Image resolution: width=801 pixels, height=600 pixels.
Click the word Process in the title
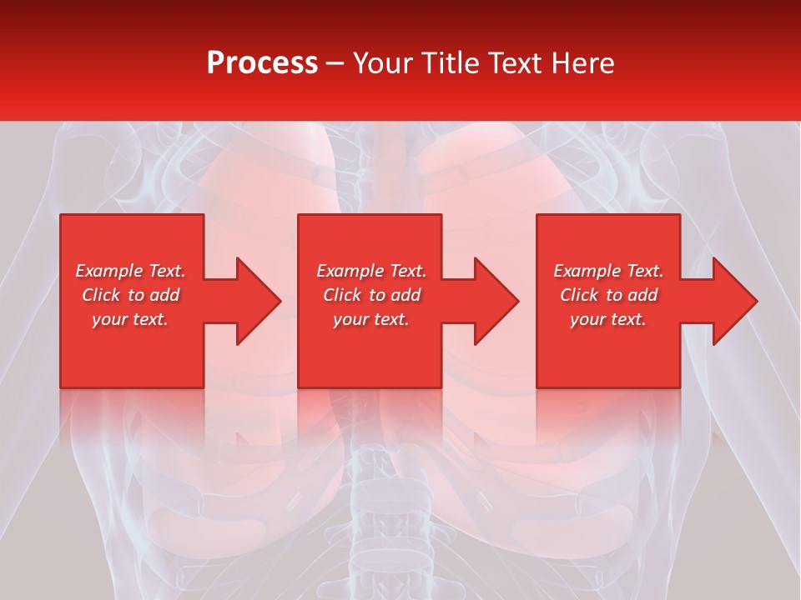262,63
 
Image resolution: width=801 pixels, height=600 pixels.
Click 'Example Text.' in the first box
130,271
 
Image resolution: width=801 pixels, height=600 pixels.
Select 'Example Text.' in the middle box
371,271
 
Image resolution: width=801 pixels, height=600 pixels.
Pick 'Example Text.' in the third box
608,271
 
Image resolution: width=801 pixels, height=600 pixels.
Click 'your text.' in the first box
130,319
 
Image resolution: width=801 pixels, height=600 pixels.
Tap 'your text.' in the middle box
371,319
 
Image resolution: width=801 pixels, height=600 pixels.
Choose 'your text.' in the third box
608,319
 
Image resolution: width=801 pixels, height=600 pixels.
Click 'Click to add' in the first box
130,295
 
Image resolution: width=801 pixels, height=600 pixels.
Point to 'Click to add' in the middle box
371,295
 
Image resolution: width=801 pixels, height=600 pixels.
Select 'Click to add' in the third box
608,295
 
